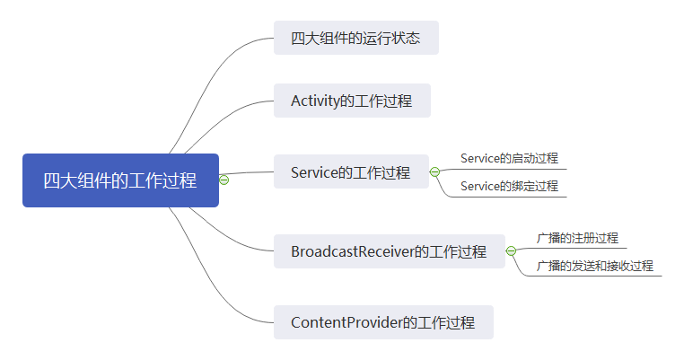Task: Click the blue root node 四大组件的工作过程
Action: click(120, 180)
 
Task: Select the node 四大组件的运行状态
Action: click(355, 39)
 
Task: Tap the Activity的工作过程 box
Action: click(352, 101)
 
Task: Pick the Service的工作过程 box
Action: click(351, 172)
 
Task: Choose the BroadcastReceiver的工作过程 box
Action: click(389, 251)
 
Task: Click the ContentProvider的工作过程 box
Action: click(383, 321)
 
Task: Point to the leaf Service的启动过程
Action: click(509, 158)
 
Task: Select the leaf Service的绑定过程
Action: click(509, 186)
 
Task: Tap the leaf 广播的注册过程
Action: click(577, 238)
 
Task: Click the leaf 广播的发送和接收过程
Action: click(594, 266)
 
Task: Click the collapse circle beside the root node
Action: click(224, 180)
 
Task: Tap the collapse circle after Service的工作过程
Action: click(434, 171)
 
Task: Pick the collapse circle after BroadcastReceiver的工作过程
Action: click(511, 251)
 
